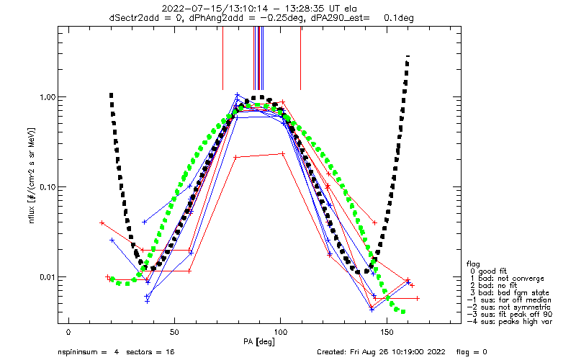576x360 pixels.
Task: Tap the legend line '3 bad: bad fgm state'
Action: [x=512, y=292]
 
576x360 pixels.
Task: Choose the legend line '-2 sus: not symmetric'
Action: [x=513, y=307]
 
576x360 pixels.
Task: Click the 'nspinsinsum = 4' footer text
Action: [x=86, y=353]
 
